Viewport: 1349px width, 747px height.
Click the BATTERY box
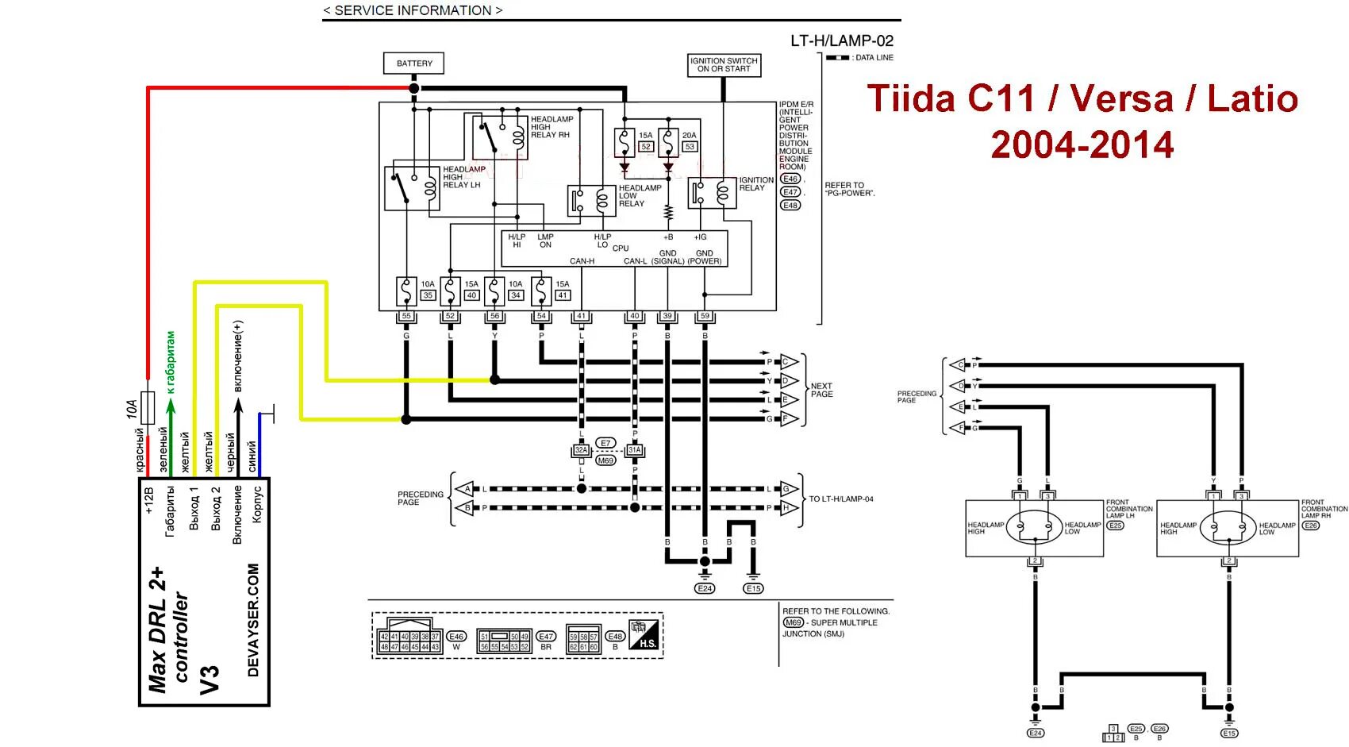coord(414,64)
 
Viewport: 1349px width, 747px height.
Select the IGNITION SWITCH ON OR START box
coord(724,65)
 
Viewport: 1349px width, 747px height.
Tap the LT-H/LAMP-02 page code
coord(841,40)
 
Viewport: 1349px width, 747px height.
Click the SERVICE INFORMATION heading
coord(413,10)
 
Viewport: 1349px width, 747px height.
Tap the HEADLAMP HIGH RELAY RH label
coord(551,127)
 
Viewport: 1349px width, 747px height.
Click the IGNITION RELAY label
coord(756,184)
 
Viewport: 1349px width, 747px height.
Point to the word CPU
coord(621,248)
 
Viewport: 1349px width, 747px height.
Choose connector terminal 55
coord(406,316)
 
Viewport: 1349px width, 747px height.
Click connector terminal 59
coord(705,316)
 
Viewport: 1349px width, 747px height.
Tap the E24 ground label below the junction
coord(705,588)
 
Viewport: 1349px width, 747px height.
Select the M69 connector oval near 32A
coord(605,460)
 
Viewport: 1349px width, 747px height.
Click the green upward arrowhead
coord(170,405)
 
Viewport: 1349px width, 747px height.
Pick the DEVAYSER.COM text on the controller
coord(253,620)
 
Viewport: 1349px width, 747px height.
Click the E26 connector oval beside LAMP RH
coord(1310,526)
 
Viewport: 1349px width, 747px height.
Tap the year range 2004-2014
coord(1082,145)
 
